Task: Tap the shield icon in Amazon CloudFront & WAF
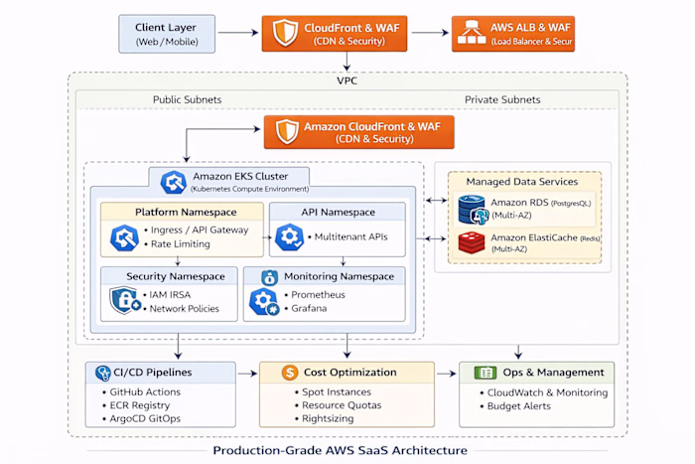coord(288,132)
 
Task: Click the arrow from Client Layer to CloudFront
coord(239,33)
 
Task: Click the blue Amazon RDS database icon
coord(472,209)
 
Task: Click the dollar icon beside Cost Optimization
coord(290,373)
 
